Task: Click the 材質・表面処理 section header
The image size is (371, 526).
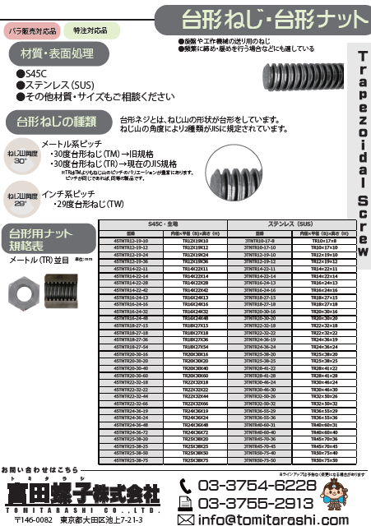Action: (x=52, y=54)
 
